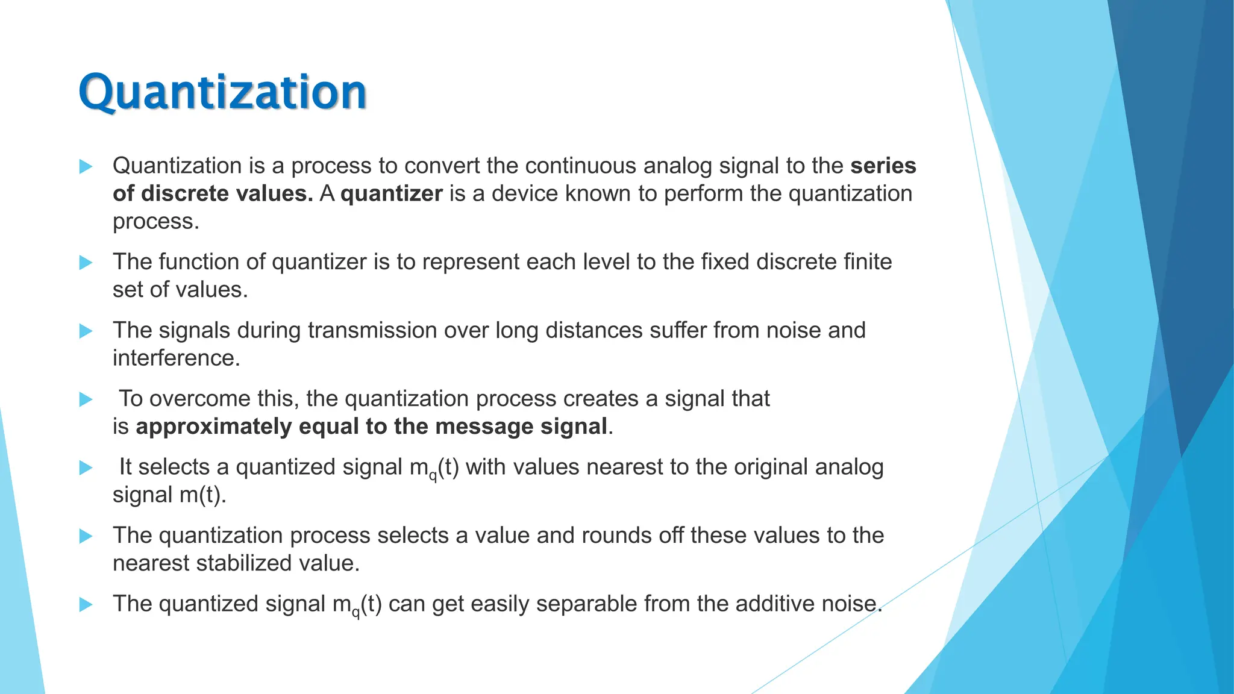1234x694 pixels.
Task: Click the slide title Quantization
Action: (222, 92)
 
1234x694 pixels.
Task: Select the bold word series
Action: (883, 166)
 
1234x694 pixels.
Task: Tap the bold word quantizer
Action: (392, 193)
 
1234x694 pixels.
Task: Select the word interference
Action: (176, 358)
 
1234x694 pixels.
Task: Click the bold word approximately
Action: (213, 427)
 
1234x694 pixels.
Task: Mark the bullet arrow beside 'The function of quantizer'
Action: (86, 263)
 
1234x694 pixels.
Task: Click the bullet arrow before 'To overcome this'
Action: (86, 399)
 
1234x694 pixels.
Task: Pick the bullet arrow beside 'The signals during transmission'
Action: (86, 331)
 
